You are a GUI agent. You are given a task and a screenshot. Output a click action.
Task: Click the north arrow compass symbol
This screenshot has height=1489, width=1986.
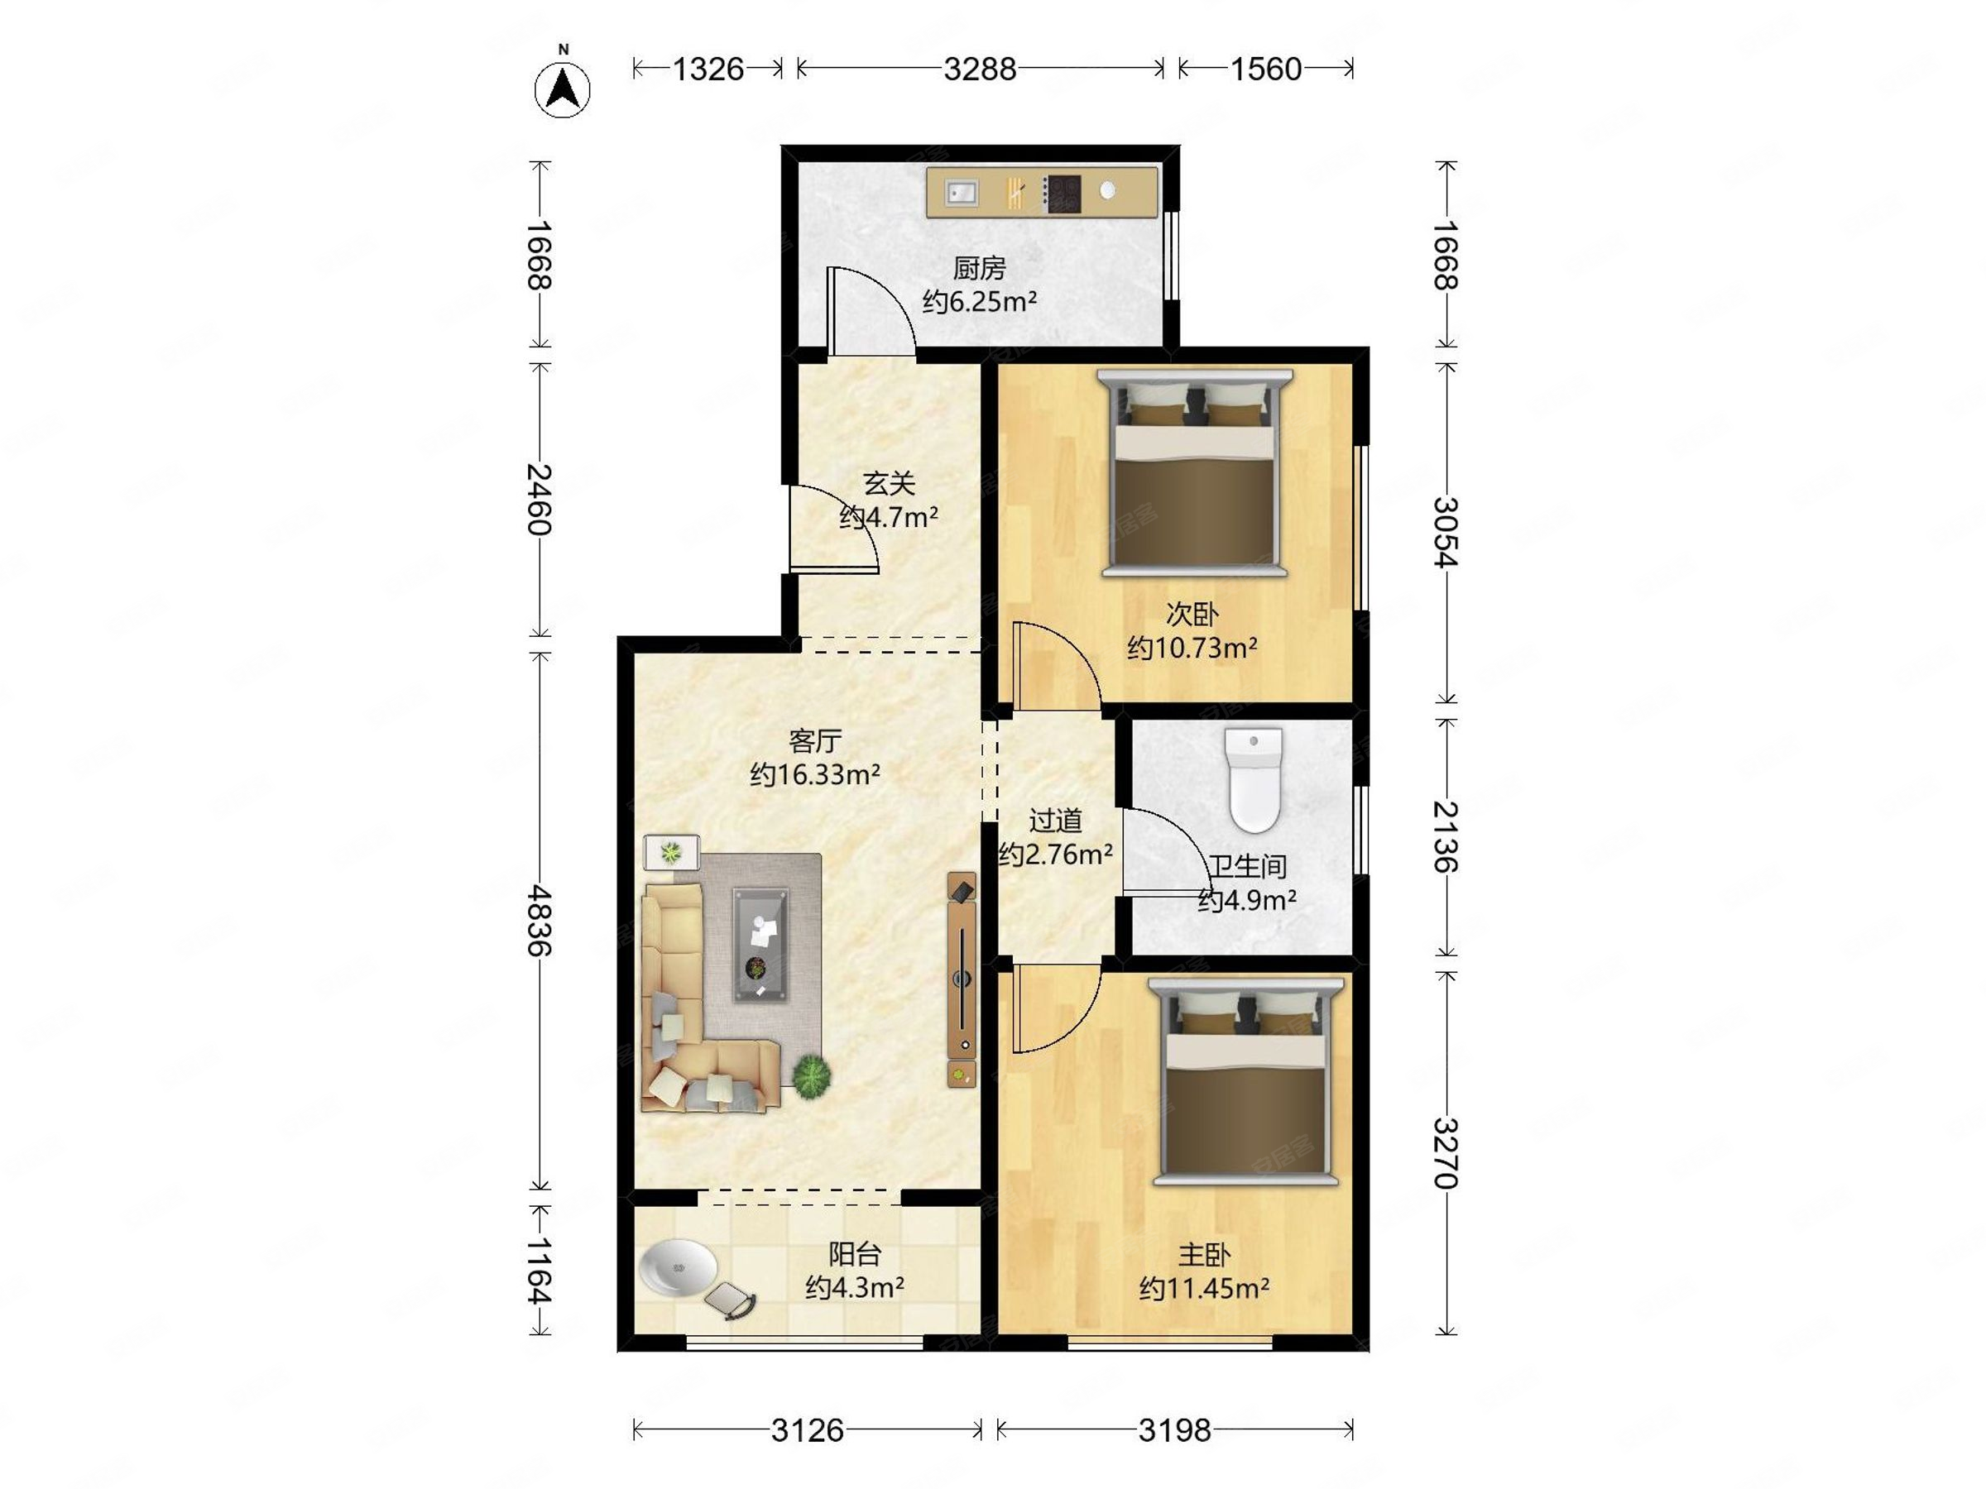pos(562,88)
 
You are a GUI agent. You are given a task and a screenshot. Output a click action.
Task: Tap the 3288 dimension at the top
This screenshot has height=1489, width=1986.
pos(980,69)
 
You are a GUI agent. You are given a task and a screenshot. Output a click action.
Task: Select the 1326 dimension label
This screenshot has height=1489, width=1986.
pos(708,69)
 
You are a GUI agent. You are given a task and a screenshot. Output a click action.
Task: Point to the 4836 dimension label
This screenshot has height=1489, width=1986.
pos(539,920)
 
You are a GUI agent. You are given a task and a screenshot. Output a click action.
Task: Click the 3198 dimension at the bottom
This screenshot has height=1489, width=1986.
pos(1174,1429)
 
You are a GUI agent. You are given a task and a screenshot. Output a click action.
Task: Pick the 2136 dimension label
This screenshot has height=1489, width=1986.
pos(1445,836)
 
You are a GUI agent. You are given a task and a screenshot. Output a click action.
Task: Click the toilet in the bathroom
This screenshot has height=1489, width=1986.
pos(1254,780)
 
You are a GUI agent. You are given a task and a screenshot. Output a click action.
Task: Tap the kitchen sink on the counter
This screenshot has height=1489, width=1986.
pos(961,192)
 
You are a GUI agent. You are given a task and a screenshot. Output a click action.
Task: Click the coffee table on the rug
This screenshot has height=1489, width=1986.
pos(760,945)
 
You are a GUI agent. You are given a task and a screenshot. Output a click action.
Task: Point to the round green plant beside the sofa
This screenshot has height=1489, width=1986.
pos(812,1075)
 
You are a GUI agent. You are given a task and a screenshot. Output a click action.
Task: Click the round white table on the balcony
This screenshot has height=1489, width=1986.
pos(678,1267)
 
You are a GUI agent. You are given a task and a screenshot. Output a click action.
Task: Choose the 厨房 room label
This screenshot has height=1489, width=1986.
pos(980,267)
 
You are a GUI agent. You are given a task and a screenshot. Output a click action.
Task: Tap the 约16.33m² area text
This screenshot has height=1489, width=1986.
pos(814,773)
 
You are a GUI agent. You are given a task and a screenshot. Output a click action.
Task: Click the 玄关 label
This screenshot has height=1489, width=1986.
pos(889,484)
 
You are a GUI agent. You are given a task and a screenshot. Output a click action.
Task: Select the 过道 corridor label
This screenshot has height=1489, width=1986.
pos(1055,821)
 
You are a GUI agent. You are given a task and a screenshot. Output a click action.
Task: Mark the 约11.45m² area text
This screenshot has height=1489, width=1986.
pos(1204,1289)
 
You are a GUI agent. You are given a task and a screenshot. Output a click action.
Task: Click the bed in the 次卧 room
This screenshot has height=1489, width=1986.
pos(1195,472)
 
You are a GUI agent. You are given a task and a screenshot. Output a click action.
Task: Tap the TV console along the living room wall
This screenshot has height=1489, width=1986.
pos(962,979)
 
